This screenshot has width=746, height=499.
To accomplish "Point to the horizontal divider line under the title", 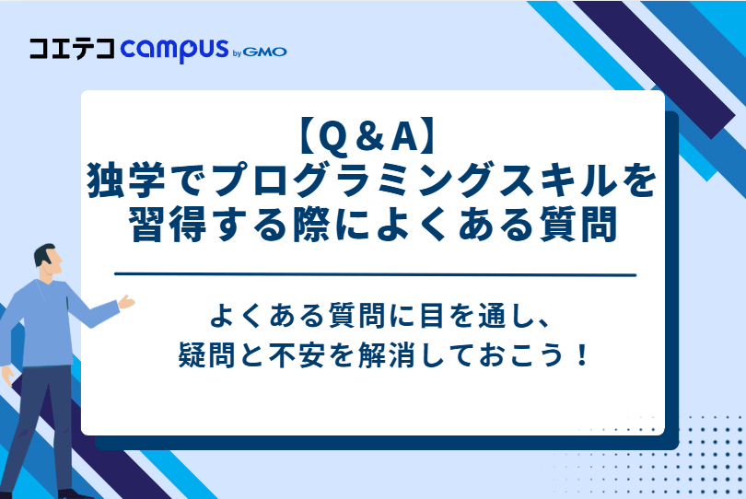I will click(x=373, y=274).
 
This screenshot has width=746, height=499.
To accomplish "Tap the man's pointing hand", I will click(x=125, y=301).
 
